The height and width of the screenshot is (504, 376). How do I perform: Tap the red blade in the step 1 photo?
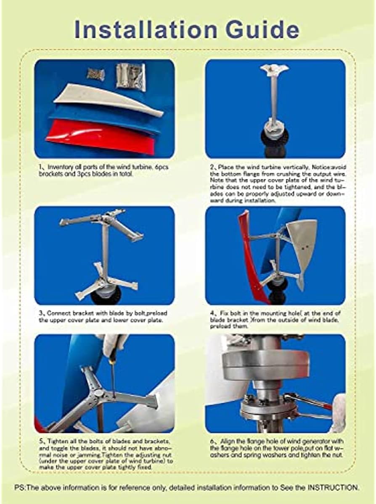(101, 137)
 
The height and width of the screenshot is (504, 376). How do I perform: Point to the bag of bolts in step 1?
(96, 74)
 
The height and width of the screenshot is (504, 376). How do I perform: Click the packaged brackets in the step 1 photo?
(131, 76)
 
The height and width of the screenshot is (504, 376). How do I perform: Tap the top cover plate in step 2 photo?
(274, 69)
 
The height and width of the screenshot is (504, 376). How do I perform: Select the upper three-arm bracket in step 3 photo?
(103, 222)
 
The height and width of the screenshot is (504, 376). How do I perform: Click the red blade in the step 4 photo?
(249, 260)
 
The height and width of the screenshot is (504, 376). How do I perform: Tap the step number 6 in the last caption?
(212, 441)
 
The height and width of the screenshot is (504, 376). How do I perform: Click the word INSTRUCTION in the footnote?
(333, 488)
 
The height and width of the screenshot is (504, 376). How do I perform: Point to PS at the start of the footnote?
(19, 488)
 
